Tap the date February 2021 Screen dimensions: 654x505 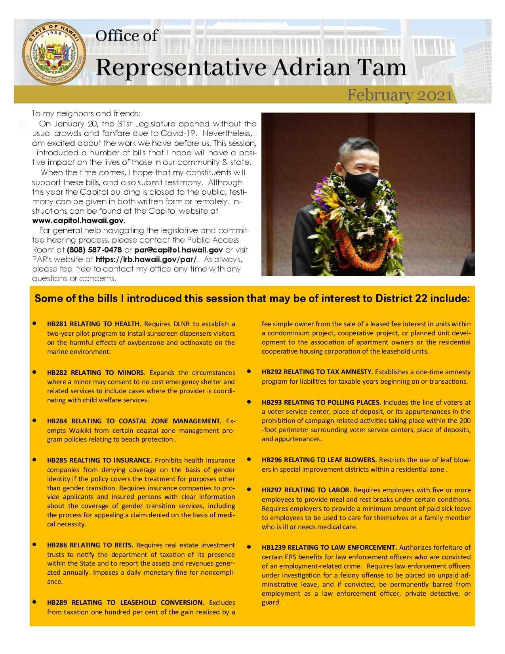tap(399, 96)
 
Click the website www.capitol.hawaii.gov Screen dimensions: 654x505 tap(78, 220)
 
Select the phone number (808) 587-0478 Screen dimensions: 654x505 tap(94, 250)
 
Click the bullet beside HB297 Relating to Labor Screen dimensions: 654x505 tap(250, 490)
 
